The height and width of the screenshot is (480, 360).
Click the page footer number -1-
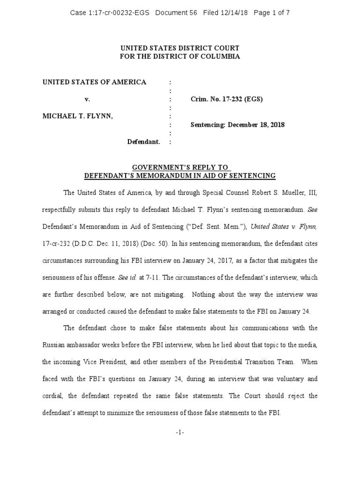180,432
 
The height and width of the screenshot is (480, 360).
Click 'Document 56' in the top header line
176,13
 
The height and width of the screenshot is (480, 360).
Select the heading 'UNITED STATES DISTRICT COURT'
180,48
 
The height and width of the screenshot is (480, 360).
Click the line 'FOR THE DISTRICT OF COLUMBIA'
180,56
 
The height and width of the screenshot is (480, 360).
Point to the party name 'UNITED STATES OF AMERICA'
94,82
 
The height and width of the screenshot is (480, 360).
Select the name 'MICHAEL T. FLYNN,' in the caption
77,116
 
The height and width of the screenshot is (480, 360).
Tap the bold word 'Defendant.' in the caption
144,142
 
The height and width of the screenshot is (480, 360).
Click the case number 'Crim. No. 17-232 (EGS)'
226,99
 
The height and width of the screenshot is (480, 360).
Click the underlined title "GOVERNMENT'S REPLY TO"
180,167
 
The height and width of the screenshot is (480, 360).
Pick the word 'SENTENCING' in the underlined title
251,175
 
